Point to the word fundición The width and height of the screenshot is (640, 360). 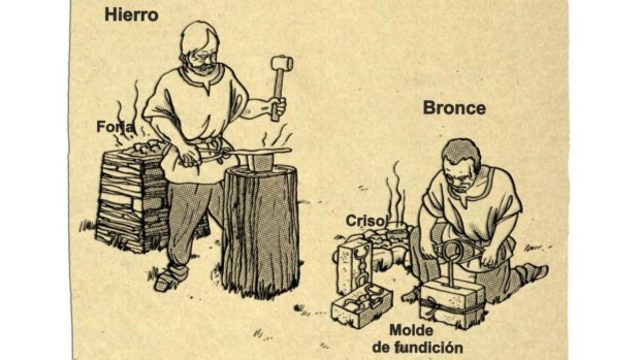(437, 346)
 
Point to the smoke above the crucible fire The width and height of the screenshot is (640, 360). (396, 190)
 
